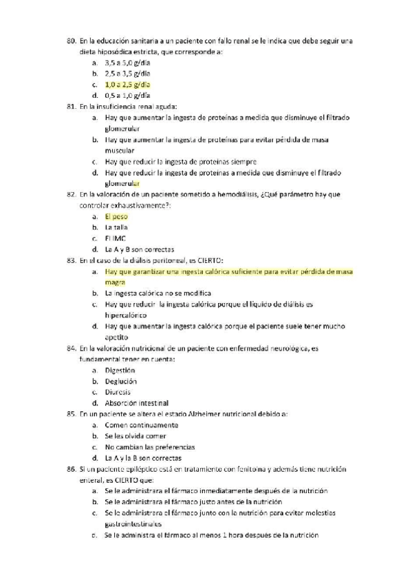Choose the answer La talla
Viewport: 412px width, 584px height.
pos(116,227)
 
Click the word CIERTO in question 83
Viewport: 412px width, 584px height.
pos(203,260)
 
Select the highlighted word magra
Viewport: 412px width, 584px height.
pos(114,282)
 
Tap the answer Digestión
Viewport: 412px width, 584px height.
pos(120,371)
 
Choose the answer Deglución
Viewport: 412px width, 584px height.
pos(120,381)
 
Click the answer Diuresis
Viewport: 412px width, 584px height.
pos(118,392)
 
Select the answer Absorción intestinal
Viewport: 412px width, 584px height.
pos(137,403)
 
